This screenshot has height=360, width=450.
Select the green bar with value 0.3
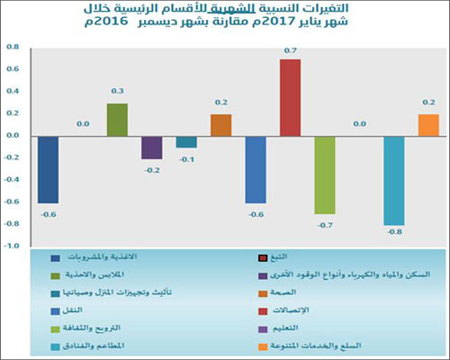(117, 119)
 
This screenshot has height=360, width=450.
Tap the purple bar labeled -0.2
(151, 147)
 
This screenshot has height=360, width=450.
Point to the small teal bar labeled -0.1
(186, 141)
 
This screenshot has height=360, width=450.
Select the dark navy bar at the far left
(48, 169)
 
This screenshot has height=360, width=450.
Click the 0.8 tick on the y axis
(13, 47)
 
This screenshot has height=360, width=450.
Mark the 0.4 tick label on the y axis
(13, 91)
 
